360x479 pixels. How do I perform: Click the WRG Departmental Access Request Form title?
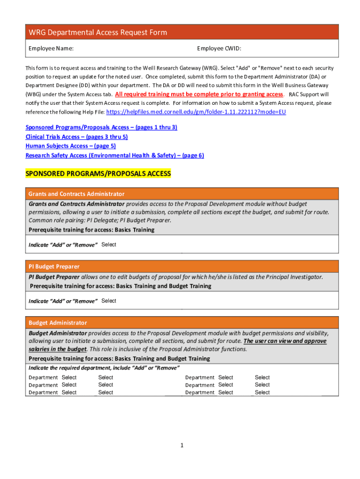coord(98,32)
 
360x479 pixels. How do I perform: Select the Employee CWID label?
coord(219,48)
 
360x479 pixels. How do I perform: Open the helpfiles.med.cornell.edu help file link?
coord(196,112)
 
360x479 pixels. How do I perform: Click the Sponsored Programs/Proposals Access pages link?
coord(101,127)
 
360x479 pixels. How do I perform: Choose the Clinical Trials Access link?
coord(76,137)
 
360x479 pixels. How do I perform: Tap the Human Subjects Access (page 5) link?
coord(71,146)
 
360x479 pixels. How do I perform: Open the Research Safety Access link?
coord(115,155)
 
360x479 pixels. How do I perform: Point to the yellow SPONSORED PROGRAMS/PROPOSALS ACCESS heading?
coord(98,174)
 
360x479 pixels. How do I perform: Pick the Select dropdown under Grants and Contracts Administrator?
coord(109,245)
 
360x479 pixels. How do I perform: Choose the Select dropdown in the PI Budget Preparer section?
coord(109,301)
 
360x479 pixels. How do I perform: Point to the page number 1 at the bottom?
coord(182,446)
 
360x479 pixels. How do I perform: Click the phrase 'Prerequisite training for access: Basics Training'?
coord(92,230)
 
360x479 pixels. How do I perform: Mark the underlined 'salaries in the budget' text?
coord(58,349)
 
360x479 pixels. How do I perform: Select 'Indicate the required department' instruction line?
coord(104,368)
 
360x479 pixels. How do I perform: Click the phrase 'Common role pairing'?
coord(52,220)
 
